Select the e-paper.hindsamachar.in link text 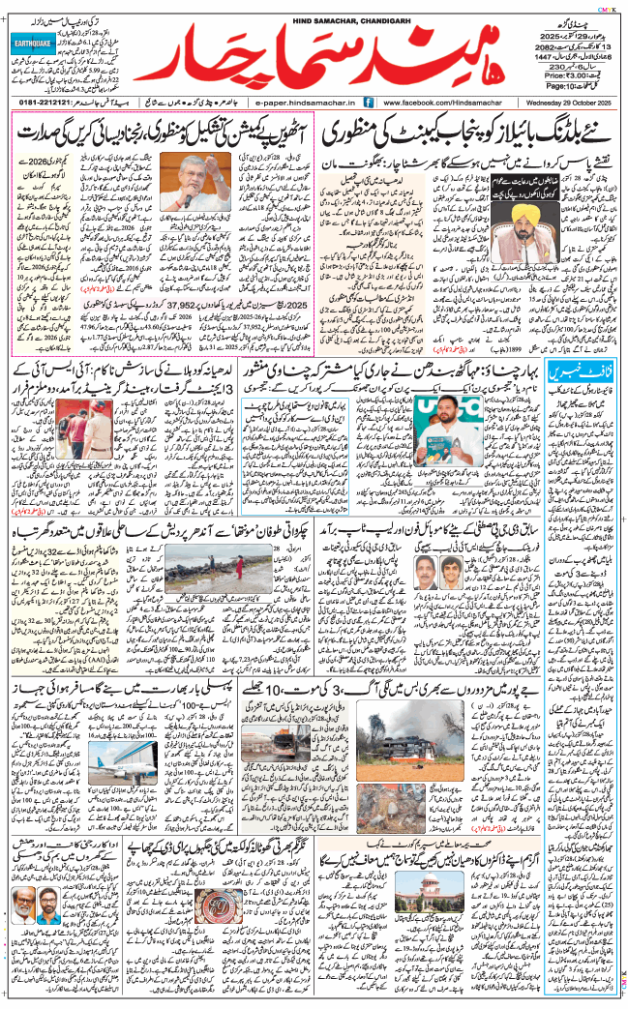[x=293, y=102]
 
